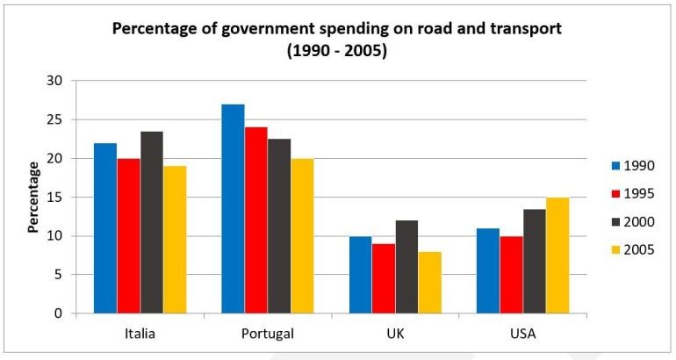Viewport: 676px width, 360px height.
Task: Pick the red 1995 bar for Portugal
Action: pyautogui.click(x=255, y=220)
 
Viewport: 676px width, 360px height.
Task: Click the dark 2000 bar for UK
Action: pyautogui.click(x=406, y=267)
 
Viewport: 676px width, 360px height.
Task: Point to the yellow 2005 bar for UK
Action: pyautogui.click(x=429, y=282)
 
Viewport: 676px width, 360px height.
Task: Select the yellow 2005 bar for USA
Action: pyautogui.click(x=557, y=256)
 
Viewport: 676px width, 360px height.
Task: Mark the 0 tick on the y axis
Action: pyautogui.click(x=59, y=313)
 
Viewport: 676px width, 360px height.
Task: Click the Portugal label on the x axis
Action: pyautogui.click(x=267, y=335)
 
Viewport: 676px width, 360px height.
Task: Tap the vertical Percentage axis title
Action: pyautogui.click(x=33, y=197)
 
